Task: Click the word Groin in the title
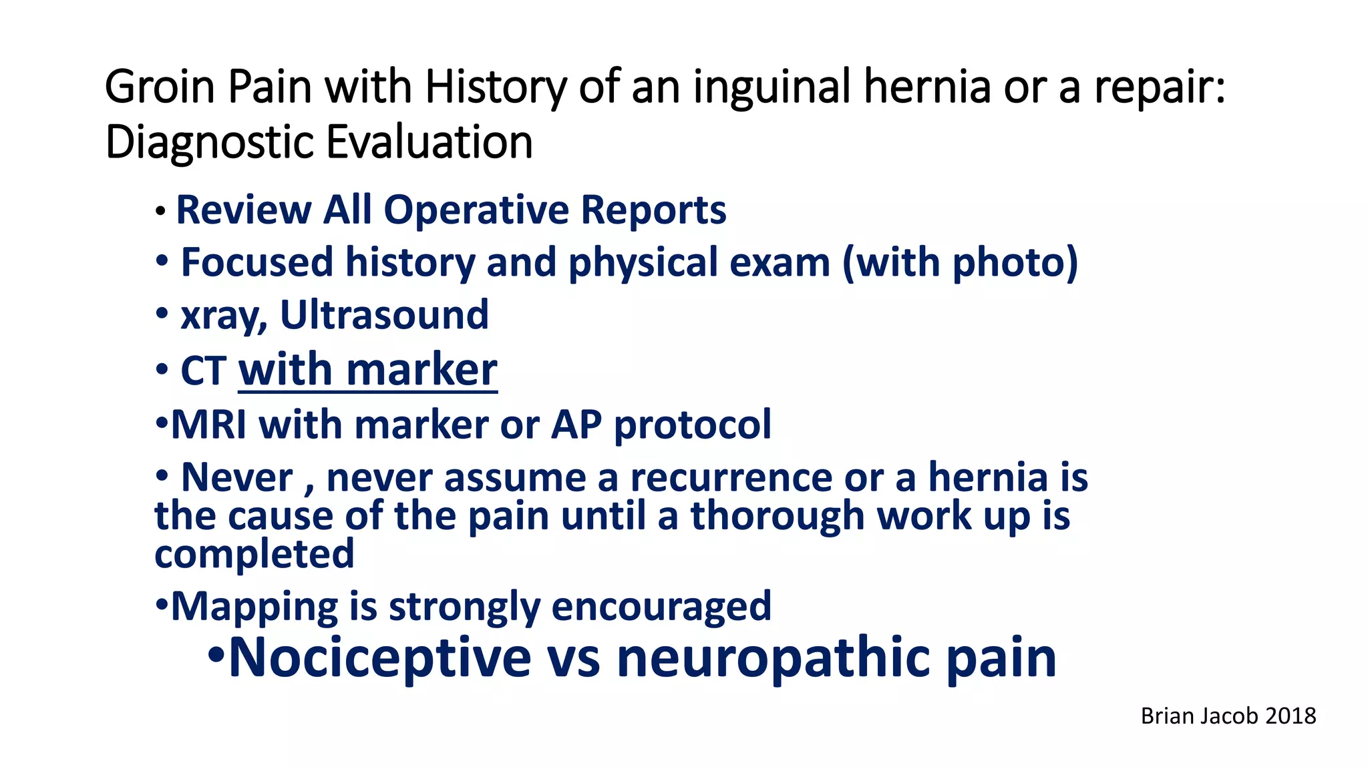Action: (x=160, y=87)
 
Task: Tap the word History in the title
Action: (x=495, y=87)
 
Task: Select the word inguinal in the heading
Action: (x=772, y=87)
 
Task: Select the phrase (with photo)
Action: (x=960, y=262)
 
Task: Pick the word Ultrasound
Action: (x=384, y=315)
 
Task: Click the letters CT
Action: (x=204, y=371)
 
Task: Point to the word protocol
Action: (x=692, y=425)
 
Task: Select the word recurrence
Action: (x=731, y=478)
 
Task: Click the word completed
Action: (x=254, y=555)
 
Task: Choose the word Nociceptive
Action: (x=379, y=658)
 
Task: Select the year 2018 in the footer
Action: (x=1290, y=716)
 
